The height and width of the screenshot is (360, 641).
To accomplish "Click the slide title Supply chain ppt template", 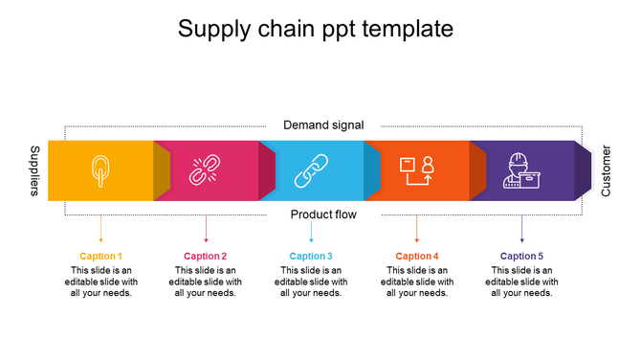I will click(x=316, y=30).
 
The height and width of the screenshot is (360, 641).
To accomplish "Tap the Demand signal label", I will click(x=323, y=125).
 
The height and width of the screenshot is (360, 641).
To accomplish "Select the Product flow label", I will click(x=323, y=214).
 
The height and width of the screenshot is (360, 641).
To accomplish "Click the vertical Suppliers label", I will click(x=34, y=171).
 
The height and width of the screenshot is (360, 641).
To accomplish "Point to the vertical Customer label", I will click(x=606, y=171).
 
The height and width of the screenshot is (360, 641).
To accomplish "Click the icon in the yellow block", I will click(x=100, y=170).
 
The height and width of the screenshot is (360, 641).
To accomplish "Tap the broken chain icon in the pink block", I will click(x=205, y=170).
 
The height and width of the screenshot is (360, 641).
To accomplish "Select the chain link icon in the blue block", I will click(x=310, y=170).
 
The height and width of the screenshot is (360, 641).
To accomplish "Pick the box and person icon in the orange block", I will click(x=416, y=170).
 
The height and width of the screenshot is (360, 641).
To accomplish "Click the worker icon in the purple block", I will click(x=522, y=170).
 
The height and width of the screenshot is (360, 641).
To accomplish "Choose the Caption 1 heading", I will click(x=100, y=256).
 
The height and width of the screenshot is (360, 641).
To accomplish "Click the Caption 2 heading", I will click(x=206, y=256).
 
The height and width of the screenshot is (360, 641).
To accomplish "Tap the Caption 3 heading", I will click(x=311, y=256).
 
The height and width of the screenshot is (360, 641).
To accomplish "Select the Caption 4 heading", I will click(x=417, y=256).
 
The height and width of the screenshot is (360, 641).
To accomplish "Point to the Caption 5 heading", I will click(x=521, y=256).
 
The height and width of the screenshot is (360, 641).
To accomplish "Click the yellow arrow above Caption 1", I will click(x=100, y=230).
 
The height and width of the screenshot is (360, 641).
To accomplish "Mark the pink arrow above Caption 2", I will click(x=206, y=230).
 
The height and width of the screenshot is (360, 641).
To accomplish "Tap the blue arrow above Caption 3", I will click(x=311, y=230).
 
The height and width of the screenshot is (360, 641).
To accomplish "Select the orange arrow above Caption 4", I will click(x=416, y=230).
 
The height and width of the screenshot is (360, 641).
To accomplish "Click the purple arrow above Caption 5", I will click(x=521, y=230).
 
